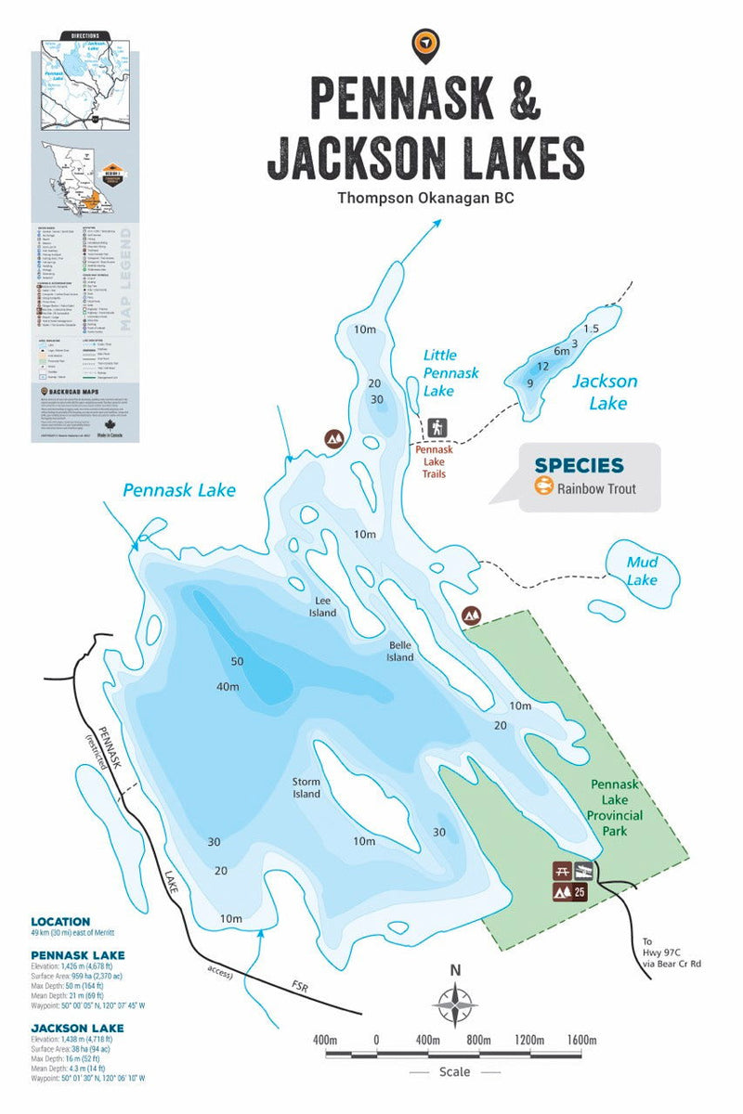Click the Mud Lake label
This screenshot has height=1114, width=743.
(x=642, y=571)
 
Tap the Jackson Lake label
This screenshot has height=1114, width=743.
(x=605, y=392)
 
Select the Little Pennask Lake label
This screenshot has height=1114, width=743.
(x=451, y=372)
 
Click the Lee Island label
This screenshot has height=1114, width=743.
(x=322, y=606)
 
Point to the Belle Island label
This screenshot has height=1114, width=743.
(x=400, y=650)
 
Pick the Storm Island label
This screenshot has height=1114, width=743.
(x=306, y=787)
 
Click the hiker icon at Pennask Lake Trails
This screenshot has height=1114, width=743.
(x=437, y=428)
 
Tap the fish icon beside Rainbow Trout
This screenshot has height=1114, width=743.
(x=543, y=487)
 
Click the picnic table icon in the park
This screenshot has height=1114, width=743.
(x=561, y=871)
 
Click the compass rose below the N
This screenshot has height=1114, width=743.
(x=455, y=1005)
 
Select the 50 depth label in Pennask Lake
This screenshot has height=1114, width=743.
(x=236, y=661)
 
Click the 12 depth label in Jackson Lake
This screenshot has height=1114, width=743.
(x=543, y=367)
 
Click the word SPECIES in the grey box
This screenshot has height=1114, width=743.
(x=579, y=465)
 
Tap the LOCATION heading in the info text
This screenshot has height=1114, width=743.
(x=59, y=922)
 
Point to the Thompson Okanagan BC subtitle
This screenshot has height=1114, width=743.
(x=425, y=198)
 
